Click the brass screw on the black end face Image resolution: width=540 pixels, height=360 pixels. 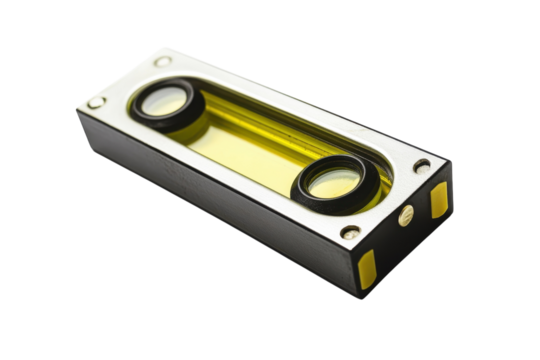[405, 215]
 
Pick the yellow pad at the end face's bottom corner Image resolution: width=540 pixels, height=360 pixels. [368, 265]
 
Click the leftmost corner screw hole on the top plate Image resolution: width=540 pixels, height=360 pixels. [95, 102]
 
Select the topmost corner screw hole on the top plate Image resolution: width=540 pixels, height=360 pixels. [163, 62]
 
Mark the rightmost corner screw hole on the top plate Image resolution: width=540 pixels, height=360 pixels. [423, 166]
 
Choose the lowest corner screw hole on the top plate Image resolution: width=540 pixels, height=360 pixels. [350, 232]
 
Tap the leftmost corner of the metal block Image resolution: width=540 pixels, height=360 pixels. [77, 110]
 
